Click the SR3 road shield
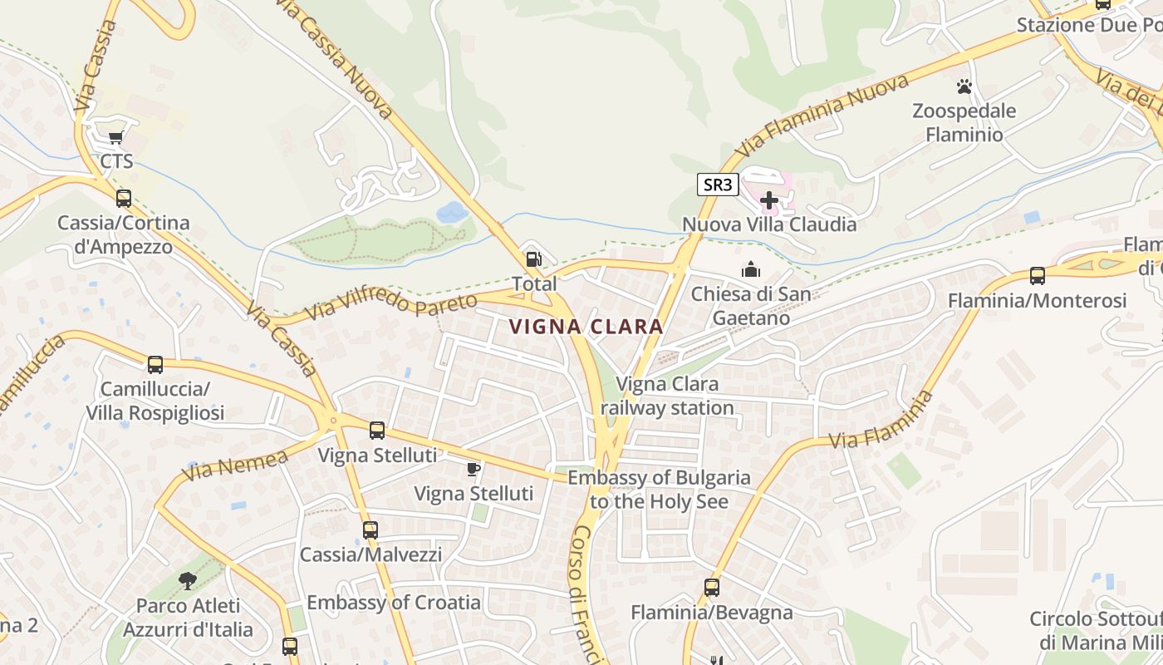click(x=718, y=185)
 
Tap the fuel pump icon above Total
click(x=534, y=259)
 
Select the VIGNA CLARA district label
click(x=586, y=327)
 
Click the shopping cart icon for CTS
click(x=116, y=137)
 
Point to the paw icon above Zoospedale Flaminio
click(x=964, y=86)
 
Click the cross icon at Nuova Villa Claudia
click(x=769, y=200)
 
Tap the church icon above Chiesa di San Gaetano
click(x=751, y=269)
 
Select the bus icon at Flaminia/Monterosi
click(x=1037, y=276)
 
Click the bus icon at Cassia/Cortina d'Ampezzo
click(x=123, y=199)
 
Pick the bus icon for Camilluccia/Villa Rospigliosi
click(x=155, y=364)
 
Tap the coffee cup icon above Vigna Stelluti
click(x=473, y=470)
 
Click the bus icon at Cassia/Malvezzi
click(x=370, y=530)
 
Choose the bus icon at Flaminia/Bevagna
click(x=712, y=588)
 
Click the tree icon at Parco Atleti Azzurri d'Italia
click(x=188, y=581)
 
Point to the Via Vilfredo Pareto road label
click(x=391, y=305)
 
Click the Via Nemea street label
click(x=235, y=465)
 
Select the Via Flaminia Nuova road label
click(x=822, y=116)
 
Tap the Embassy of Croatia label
click(x=394, y=603)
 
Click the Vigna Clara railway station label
click(x=667, y=397)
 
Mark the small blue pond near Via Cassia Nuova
click(x=452, y=213)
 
